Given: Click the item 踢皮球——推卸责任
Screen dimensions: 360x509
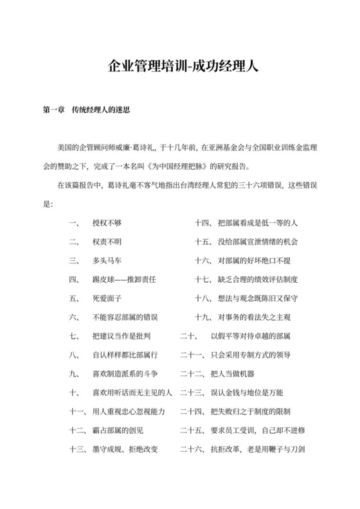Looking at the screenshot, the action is pyautogui.click(x=125, y=280).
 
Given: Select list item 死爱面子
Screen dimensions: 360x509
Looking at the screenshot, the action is pyautogui.click(x=107, y=298).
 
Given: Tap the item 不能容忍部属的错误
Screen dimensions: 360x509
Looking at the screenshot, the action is pyautogui.click(x=125, y=317).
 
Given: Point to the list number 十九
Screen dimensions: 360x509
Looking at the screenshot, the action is pyautogui.click(x=204, y=317).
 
